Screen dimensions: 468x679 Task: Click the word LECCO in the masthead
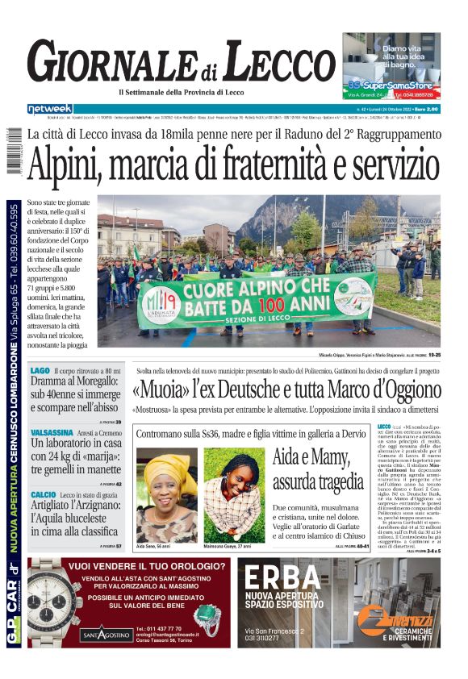[x=268, y=62]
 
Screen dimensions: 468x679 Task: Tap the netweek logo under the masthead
[x=50, y=108]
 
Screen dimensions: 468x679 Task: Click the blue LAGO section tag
[x=40, y=371]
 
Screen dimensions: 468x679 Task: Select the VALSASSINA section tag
[x=53, y=431]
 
